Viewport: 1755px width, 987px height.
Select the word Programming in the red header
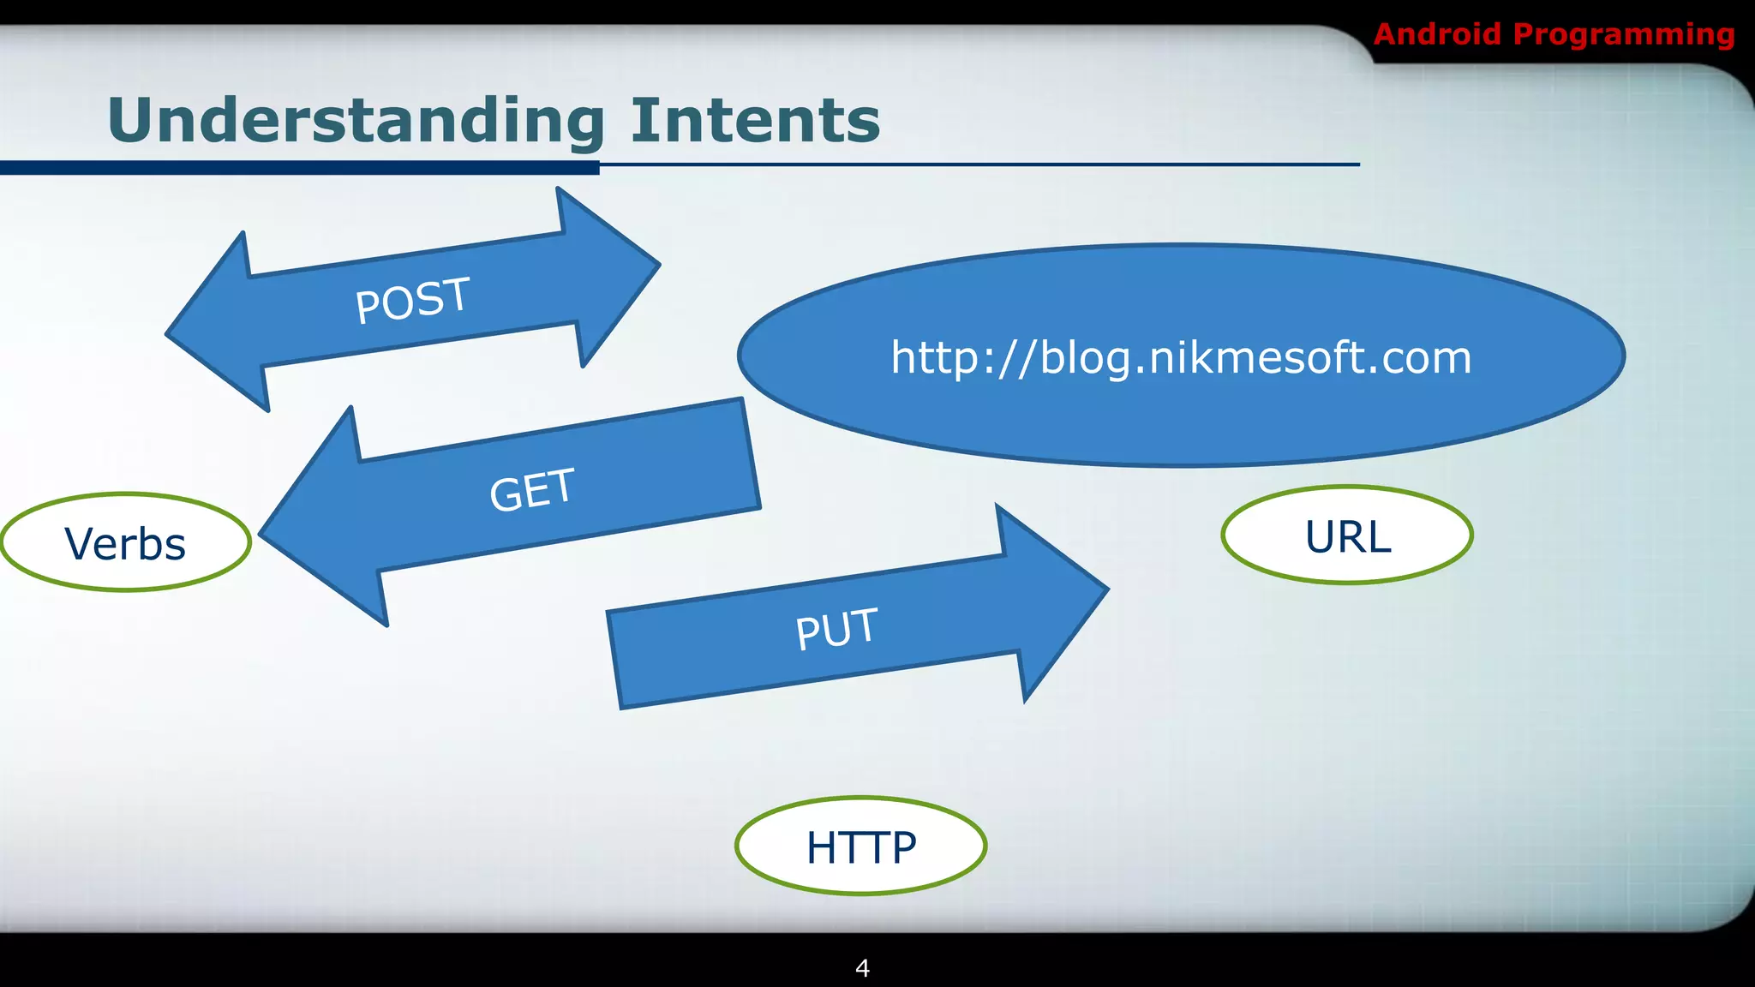pos(1623,34)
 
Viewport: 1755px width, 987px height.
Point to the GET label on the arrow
pos(531,490)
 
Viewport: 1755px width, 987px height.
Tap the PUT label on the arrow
pos(836,629)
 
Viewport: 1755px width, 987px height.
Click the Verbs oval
pos(126,542)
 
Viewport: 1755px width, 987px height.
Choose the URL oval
pos(1347,536)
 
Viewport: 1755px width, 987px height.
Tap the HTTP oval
pos(860,846)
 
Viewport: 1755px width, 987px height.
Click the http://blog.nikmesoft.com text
pos(1181,357)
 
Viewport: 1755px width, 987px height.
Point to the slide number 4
pos(862,968)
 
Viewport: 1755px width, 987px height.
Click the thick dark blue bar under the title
pos(300,168)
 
